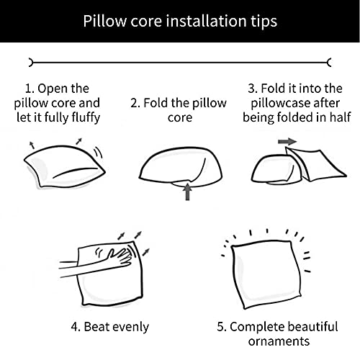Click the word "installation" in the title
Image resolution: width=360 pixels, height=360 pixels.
pos(207,21)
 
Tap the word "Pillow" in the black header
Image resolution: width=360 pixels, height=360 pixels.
pos(104,21)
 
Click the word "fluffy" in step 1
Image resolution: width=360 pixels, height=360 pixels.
pos(86,118)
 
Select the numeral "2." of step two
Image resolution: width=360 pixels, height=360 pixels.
pos(135,103)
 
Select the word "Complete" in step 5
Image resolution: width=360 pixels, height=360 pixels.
pos(257,327)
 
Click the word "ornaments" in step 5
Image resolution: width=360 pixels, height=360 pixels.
pos(279,341)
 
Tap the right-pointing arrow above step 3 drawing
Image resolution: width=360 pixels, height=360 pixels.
pos(287,141)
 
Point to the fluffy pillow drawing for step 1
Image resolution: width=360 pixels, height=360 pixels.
pos(64,166)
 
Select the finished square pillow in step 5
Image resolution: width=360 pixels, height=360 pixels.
pos(266,274)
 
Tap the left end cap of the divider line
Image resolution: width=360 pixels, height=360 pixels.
pos(30,63)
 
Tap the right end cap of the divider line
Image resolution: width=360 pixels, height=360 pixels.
pos(330,63)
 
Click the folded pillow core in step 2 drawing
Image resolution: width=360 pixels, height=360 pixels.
pos(181,167)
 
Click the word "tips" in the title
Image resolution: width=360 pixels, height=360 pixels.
pos(264,22)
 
